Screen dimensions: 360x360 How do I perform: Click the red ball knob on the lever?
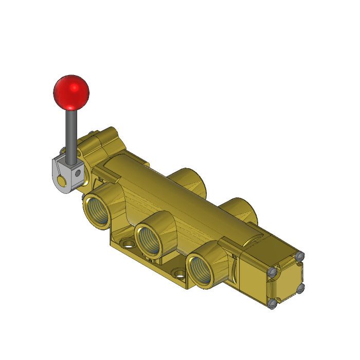click(x=71, y=93)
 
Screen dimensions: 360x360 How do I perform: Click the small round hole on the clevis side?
click(x=78, y=174)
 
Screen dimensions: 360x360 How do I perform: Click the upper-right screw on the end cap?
click(x=301, y=256)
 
